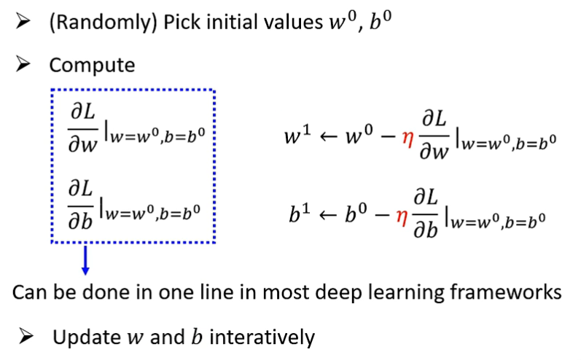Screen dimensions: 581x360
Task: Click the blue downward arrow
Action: pyautogui.click(x=85, y=260)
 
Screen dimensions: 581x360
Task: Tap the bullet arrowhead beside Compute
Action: pyautogui.click(x=25, y=64)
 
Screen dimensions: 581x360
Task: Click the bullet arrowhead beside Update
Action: pyautogui.click(x=27, y=337)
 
